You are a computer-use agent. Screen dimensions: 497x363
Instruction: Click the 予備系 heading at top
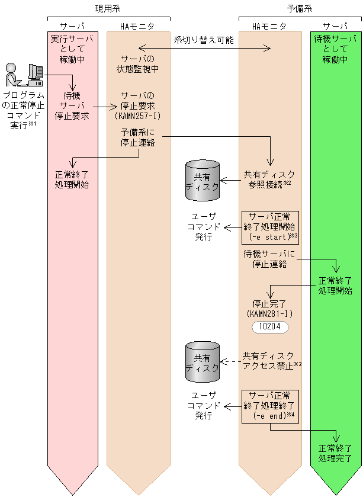300,9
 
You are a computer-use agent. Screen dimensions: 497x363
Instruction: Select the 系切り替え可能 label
204,40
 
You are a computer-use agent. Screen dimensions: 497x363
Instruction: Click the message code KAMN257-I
137,116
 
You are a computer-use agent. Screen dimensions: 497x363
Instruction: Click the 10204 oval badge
269,327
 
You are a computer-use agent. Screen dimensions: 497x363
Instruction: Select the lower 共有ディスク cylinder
203,362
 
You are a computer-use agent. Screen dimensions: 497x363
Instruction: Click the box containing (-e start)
269,227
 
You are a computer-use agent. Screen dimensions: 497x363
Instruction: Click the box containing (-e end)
269,406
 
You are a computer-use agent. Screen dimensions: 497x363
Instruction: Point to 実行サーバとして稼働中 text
72,49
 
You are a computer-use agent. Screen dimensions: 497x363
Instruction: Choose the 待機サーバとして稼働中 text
336,49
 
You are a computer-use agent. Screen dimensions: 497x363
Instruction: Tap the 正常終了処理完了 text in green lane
335,453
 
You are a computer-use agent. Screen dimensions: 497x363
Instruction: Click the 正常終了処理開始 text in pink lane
72,179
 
